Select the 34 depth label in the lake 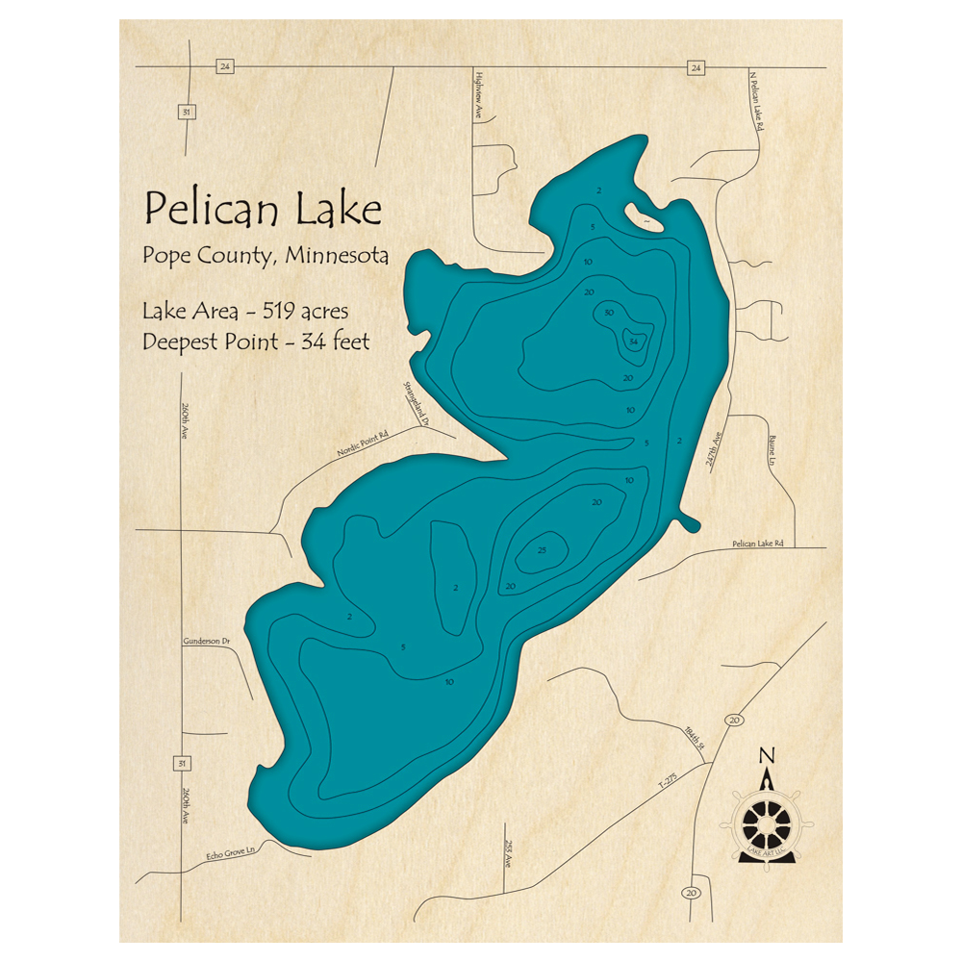(633, 342)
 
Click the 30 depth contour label (608, 313)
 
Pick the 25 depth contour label (542, 550)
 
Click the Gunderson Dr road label (207, 641)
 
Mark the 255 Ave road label (507, 851)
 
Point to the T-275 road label (668, 780)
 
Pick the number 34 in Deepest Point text (309, 341)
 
